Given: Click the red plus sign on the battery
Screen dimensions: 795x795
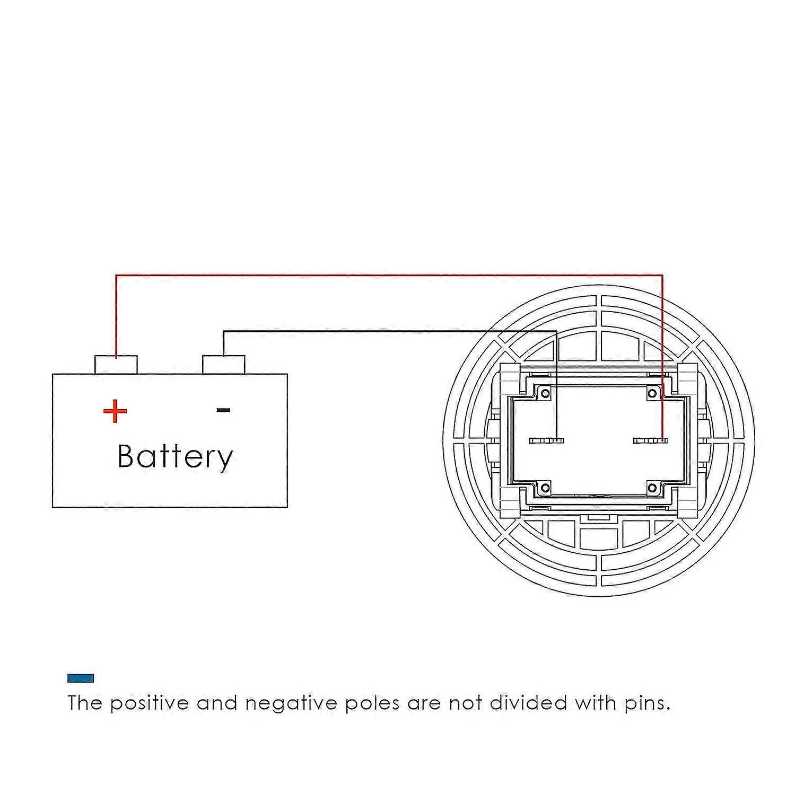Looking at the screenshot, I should [x=115, y=411].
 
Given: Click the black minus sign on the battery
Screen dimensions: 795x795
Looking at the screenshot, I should [x=223, y=410].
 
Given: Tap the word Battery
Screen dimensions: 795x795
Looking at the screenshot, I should [x=175, y=456].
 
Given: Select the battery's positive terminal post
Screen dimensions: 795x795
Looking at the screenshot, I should [x=116, y=365].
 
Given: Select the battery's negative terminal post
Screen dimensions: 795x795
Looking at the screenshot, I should [x=223, y=365].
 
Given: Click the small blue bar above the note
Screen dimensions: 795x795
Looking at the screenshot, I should [x=81, y=678].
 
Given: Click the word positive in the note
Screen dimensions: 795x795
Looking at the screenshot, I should [x=149, y=703].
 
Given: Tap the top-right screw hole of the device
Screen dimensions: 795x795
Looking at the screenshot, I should [x=652, y=393].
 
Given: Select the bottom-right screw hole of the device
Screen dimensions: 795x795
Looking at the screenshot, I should [x=652, y=488].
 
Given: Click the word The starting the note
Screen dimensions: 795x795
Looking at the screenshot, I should [x=84, y=703].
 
